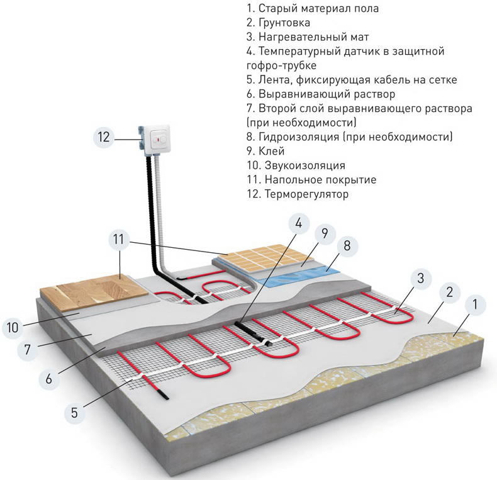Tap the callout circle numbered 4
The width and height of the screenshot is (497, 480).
tap(299, 223)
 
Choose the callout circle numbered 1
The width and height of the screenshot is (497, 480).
tap(476, 305)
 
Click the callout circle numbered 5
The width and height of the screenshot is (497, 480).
tap(74, 413)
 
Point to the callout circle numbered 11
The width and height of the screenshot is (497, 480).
tap(121, 240)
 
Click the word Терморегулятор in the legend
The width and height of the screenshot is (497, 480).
tap(306, 195)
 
